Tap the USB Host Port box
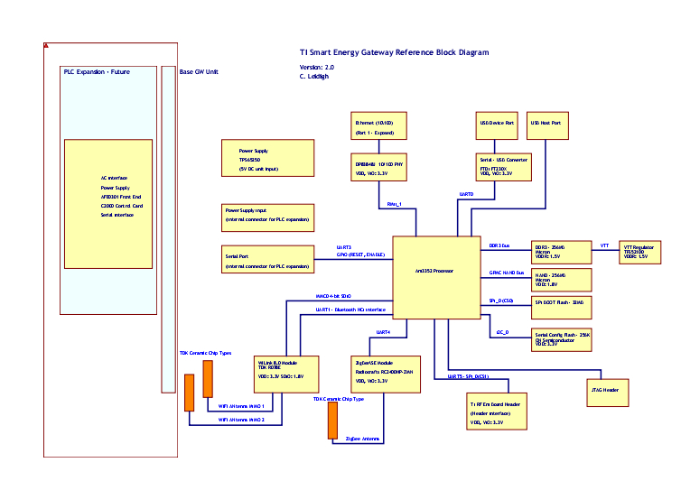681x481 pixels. (x=547, y=125)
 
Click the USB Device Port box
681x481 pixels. (x=497, y=125)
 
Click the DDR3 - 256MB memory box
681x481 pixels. (x=561, y=250)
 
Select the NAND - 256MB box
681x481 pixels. (x=561, y=278)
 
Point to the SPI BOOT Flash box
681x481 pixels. (x=561, y=303)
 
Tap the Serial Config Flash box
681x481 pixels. (x=561, y=338)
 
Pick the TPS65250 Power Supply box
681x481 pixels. (x=267, y=159)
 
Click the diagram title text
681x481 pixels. (x=394, y=52)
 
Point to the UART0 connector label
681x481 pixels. (x=467, y=194)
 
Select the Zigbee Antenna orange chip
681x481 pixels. (x=331, y=421)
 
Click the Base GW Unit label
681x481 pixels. (x=199, y=72)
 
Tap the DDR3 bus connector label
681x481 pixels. (x=499, y=245)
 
